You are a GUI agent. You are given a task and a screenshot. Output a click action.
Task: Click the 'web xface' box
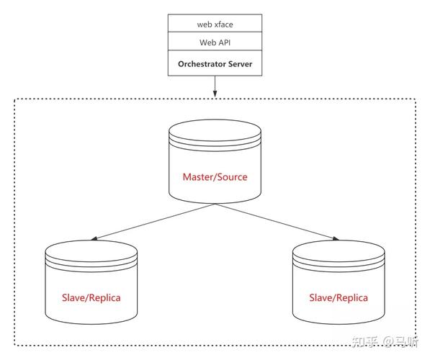pos(215,23)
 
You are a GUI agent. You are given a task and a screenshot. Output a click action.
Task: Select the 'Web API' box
pos(215,41)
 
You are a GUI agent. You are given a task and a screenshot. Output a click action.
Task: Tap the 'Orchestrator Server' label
pos(215,64)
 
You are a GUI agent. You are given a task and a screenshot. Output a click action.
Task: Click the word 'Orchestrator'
pos(202,64)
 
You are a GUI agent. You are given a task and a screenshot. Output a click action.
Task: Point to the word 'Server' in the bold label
pos(241,64)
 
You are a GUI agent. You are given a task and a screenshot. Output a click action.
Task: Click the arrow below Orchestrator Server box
pos(215,86)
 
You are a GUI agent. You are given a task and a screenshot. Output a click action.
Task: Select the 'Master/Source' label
pos(215,177)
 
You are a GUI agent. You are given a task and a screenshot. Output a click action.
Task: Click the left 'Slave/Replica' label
pos(91,297)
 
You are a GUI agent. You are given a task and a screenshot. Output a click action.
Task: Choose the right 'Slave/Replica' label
pos(339,297)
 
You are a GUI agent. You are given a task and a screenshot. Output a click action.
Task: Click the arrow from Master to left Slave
pos(153,222)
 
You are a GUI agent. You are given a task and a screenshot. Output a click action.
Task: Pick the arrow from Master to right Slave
pos(277,222)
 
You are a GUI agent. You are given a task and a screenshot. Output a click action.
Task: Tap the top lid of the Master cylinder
pos(215,131)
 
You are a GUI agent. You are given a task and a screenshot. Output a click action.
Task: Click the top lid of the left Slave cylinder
pos(91,251)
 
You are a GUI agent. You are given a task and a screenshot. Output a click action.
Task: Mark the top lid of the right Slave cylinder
pos(339,251)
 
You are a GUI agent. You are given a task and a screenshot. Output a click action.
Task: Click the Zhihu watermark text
pos(385,341)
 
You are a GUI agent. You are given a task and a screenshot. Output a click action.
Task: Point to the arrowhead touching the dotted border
pos(215,94)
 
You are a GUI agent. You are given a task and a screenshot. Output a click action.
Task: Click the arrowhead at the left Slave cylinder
pos(94,238)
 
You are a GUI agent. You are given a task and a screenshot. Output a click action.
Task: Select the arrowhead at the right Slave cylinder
pos(336,238)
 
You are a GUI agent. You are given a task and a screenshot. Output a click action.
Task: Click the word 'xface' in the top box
pos(224,24)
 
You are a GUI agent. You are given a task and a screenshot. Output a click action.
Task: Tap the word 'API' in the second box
pos(224,42)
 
